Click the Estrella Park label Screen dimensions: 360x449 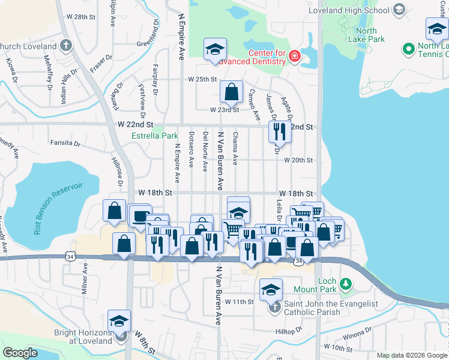click(155, 136)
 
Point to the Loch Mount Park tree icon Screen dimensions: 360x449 click(346, 283)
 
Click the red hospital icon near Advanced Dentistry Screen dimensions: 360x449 click(294, 57)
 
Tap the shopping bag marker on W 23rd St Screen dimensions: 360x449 click(231, 92)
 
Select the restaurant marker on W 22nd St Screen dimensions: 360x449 click(279, 131)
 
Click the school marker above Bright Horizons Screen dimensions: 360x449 click(119, 320)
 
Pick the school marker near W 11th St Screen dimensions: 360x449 click(271, 290)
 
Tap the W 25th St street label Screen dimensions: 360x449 click(202, 79)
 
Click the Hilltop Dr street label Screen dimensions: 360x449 click(289, 331)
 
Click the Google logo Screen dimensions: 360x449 click(20, 353)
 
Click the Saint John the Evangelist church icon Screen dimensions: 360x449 click(274, 308)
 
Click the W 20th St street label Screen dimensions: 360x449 click(298, 160)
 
